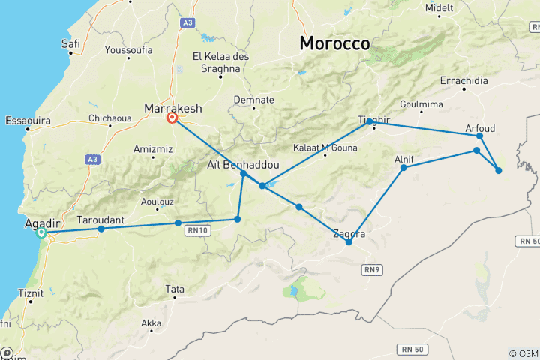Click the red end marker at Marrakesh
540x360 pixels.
pyautogui.click(x=172, y=118)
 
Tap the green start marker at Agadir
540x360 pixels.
pyautogui.click(x=42, y=233)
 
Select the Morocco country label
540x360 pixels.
pyautogui.click(x=334, y=43)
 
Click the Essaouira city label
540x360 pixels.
pyautogui.click(x=26, y=120)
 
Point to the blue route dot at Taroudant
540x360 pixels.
pyautogui.click(x=101, y=229)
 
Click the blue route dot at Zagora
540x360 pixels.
pyautogui.click(x=349, y=241)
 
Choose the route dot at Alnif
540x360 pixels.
pyautogui.click(x=403, y=167)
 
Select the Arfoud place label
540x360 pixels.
pyautogui.click(x=480, y=128)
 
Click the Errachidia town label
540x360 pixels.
pyautogui.click(x=464, y=80)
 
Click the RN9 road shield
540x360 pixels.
pyautogui.click(x=371, y=268)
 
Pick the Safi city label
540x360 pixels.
pyautogui.click(x=70, y=44)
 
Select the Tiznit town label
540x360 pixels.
pyautogui.click(x=30, y=293)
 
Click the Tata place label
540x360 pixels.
pyautogui.click(x=175, y=289)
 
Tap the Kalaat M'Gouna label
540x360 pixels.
pyautogui.click(x=322, y=148)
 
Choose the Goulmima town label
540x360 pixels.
pyautogui.click(x=422, y=105)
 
